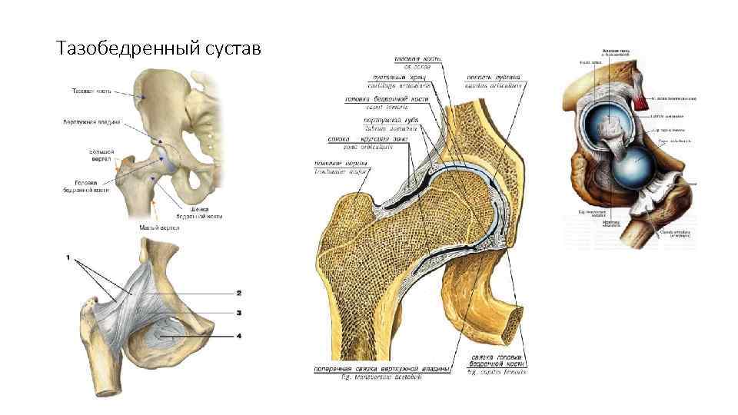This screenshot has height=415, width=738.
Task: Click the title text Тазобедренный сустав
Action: click(159, 49)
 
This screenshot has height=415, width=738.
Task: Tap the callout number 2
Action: click(239, 293)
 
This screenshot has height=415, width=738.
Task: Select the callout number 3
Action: click(239, 312)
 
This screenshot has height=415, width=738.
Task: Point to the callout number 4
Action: click(239, 336)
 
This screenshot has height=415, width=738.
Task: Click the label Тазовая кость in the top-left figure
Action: click(91, 91)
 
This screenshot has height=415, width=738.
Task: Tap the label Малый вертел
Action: click(160, 227)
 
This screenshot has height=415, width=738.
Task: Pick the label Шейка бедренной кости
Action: click(203, 213)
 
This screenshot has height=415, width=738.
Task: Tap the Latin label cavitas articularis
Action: click(494, 85)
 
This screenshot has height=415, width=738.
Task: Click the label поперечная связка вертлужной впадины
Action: click(381, 368)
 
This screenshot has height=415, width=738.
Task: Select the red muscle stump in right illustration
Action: click(641, 92)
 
